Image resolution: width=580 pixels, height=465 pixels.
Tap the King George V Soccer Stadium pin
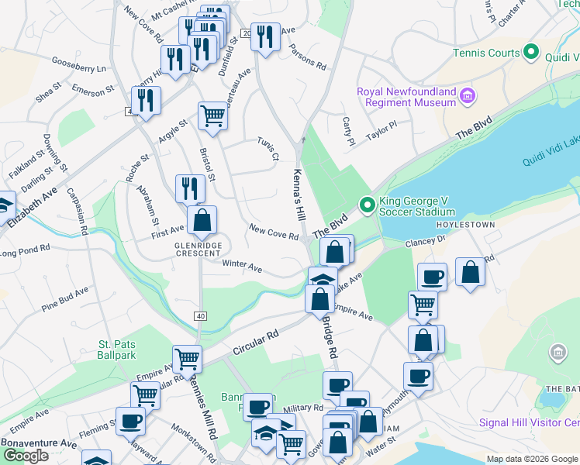367,205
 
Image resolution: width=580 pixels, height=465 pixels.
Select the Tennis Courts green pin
531,53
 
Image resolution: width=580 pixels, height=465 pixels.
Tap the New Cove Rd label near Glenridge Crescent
274,231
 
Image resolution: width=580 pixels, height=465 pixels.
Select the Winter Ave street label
242,265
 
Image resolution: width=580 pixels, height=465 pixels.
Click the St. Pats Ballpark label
117,350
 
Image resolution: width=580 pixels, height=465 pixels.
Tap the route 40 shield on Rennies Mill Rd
201,315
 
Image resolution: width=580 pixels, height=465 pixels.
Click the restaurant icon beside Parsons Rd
265,36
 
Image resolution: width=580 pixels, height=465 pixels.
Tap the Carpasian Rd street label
80,210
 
